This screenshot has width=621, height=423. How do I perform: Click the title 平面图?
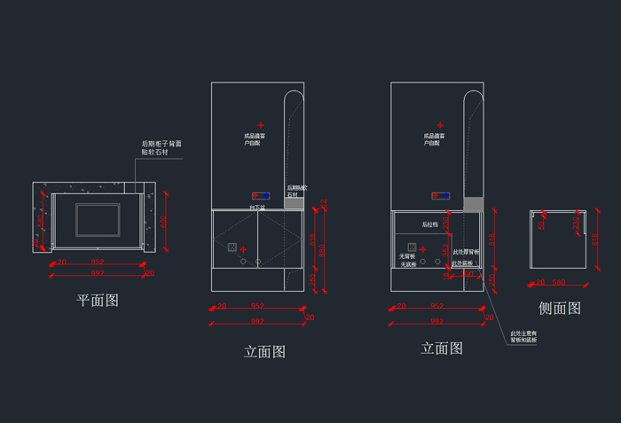98,301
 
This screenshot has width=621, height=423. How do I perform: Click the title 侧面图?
560,309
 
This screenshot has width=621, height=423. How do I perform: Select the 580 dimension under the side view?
559,283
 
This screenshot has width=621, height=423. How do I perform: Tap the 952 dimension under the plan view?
98,262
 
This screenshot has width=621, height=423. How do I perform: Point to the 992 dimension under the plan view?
98,274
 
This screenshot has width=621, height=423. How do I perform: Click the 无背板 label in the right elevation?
408,256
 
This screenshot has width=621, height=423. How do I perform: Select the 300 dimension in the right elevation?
468,274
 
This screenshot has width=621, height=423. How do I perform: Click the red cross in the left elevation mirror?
261,125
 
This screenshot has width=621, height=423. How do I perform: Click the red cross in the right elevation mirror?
439,125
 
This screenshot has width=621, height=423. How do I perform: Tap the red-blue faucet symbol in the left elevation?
260,195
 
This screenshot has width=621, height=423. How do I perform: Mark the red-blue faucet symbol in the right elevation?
439,195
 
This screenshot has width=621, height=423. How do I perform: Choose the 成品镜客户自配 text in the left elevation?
256,139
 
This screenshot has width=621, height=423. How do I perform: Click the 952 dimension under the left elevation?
257,307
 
